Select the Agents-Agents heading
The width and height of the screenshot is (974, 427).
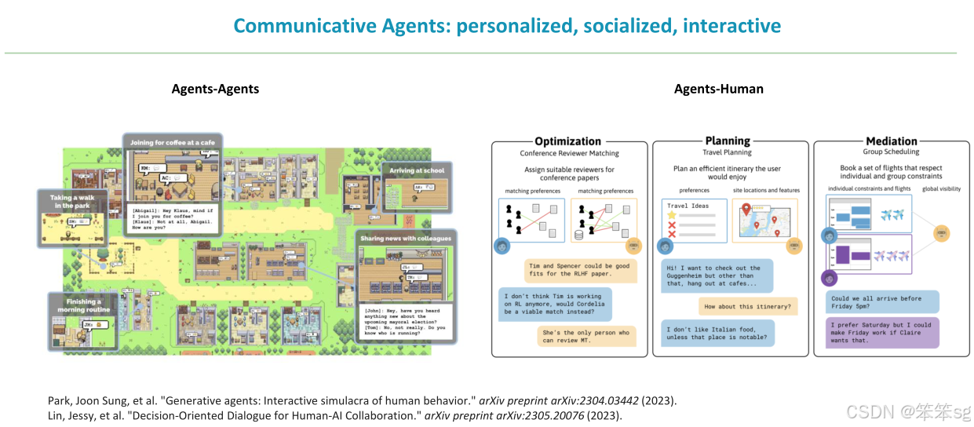[215, 89]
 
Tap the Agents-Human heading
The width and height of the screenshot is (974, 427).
[718, 89]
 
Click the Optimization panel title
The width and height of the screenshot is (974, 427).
[568, 142]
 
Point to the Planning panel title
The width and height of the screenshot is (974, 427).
[728, 141]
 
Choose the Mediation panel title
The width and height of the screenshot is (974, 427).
[892, 142]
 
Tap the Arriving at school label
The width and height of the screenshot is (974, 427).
[417, 170]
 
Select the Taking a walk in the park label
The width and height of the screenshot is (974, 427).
[73, 202]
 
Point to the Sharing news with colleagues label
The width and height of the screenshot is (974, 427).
[406, 237]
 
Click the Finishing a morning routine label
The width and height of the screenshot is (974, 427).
[83, 305]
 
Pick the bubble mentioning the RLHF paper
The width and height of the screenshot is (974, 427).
[579, 271]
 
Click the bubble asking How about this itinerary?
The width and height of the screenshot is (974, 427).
[746, 307]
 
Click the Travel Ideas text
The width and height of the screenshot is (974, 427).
[688, 206]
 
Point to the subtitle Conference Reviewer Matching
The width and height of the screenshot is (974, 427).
[569, 154]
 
